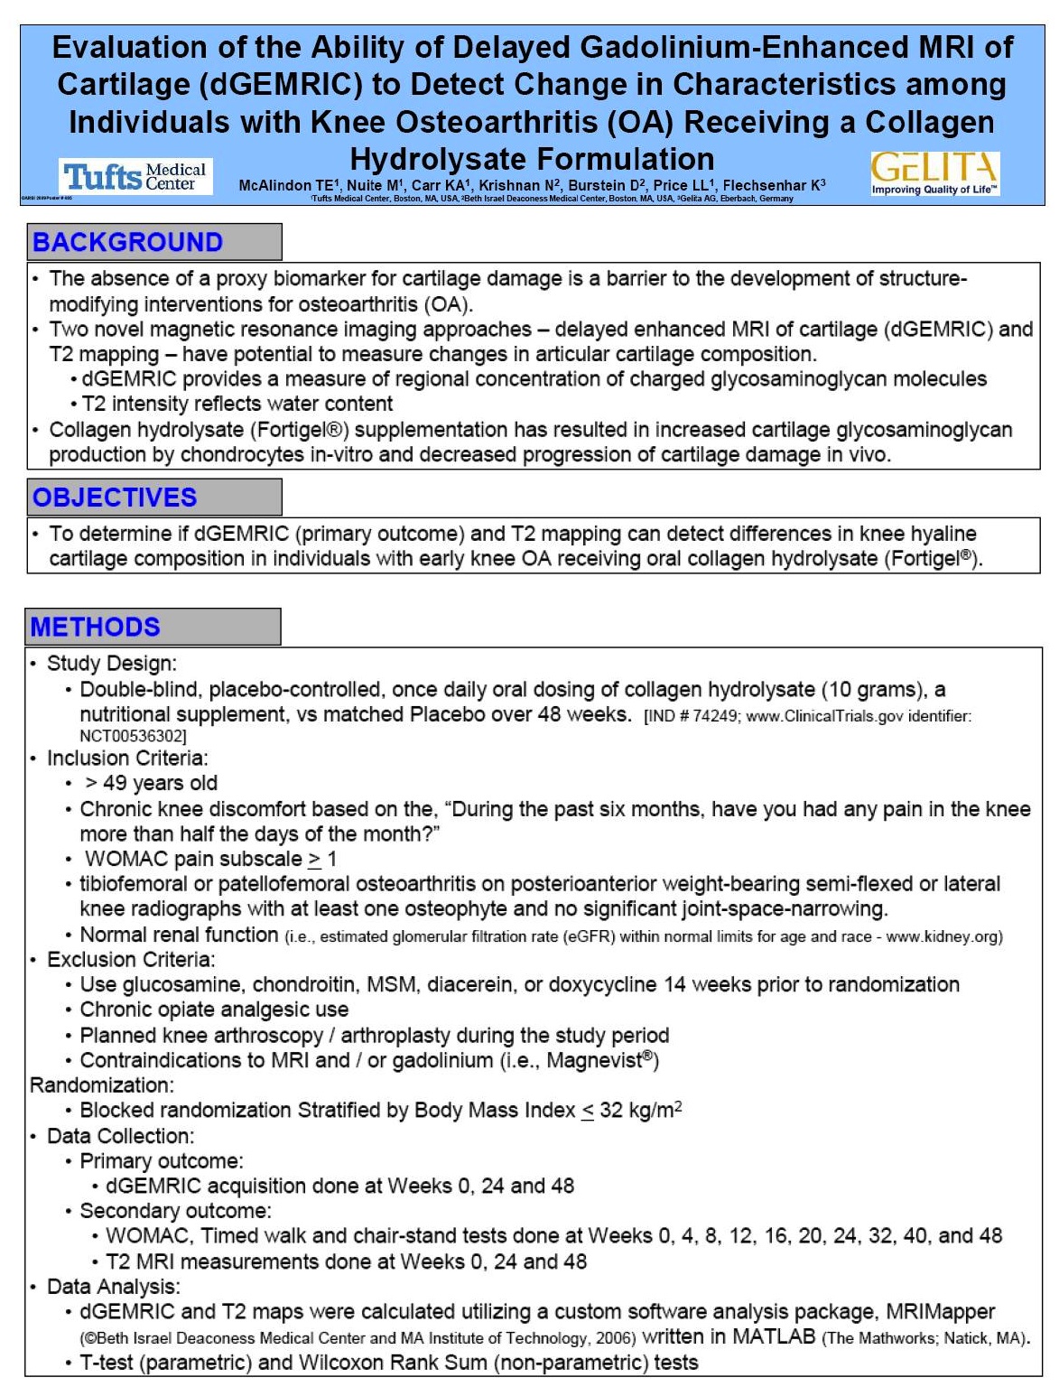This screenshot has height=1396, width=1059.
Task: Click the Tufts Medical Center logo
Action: point(136,176)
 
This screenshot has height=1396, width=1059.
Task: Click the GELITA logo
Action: point(934,172)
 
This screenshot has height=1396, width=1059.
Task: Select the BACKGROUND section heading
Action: point(127,242)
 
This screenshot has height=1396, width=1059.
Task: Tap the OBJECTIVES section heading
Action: point(115,498)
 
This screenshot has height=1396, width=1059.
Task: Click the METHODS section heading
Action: point(95,627)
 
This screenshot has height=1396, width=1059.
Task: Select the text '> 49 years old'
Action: point(151,783)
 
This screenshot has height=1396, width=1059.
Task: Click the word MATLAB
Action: point(774,1336)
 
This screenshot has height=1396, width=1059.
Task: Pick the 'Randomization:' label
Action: point(102,1084)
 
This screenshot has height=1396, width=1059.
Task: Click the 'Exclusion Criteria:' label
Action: point(131,959)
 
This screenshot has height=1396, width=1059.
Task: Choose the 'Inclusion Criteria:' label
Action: point(127,758)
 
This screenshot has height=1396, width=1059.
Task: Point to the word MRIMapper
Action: point(940,1311)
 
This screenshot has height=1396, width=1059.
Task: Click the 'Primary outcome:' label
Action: point(162,1160)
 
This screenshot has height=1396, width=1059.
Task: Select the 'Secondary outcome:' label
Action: point(175,1211)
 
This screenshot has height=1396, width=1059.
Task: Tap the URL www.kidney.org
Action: point(942,936)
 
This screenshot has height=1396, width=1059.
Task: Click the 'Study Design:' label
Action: point(112,664)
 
